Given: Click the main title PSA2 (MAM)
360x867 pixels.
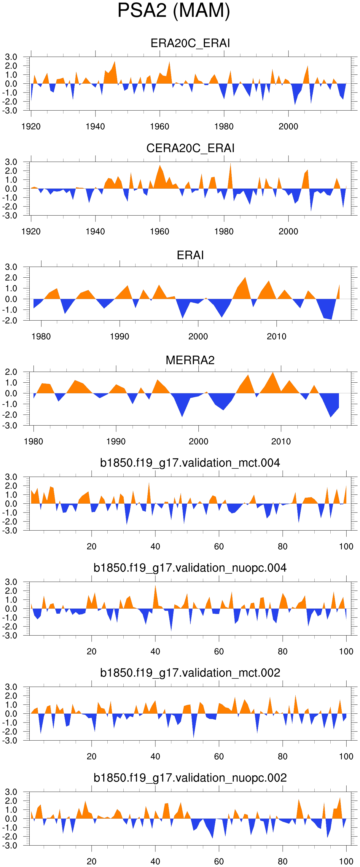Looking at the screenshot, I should click(173, 10).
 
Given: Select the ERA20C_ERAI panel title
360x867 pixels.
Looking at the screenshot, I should click(190, 43).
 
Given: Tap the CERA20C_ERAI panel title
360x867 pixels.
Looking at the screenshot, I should click(190, 148).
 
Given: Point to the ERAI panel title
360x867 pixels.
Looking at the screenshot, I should click(190, 255).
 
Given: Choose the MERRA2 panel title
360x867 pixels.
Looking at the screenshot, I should click(190, 360).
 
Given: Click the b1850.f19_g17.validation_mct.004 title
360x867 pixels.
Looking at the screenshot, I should click(190, 463).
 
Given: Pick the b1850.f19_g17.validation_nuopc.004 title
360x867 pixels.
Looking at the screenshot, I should click(190, 568).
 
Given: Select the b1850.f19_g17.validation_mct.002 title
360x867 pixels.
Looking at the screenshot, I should click(190, 673).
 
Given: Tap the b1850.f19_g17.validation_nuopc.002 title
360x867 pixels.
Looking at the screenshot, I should click(190, 778).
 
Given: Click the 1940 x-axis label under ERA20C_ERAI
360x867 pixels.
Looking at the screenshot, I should click(95, 127).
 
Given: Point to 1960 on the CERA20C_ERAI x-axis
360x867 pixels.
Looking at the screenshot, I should click(160, 232).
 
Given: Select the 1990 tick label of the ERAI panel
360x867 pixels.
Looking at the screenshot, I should click(120, 337).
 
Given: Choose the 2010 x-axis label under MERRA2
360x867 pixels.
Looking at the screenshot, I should click(281, 442).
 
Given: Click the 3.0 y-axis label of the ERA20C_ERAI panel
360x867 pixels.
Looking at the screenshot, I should click(11, 57).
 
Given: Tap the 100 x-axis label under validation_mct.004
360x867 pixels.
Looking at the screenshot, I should click(346, 547).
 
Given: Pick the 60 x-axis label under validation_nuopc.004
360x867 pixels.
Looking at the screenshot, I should click(219, 652).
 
